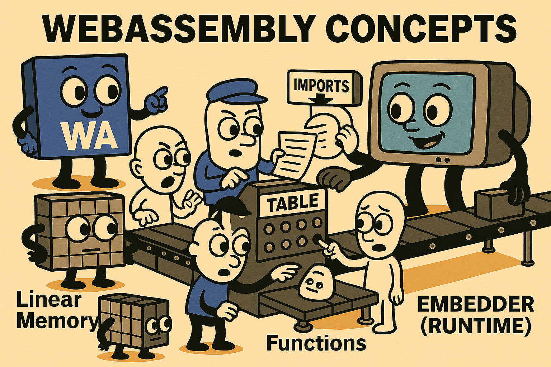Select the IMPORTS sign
point(325,88)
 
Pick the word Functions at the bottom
point(316,343)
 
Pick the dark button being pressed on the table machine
point(317,238)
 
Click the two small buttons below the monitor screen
point(443,160)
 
